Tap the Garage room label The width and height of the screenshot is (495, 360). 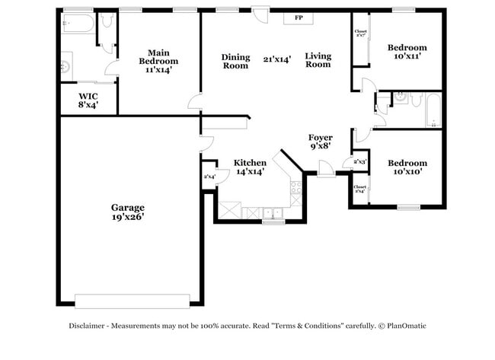[x=127, y=207]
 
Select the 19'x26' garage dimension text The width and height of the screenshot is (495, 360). [x=127, y=217]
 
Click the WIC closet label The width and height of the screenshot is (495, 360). [x=88, y=97]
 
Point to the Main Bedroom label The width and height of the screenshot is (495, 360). [x=158, y=56]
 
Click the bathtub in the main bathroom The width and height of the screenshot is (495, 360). [x=78, y=24]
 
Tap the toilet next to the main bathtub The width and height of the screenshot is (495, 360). [x=107, y=21]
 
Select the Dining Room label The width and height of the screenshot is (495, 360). [x=235, y=61]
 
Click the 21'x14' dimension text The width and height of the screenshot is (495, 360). [x=277, y=59]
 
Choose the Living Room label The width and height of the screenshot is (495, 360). [x=318, y=60]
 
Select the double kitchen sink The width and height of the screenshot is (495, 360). [x=272, y=212]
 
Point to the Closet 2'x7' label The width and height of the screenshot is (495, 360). [x=359, y=33]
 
